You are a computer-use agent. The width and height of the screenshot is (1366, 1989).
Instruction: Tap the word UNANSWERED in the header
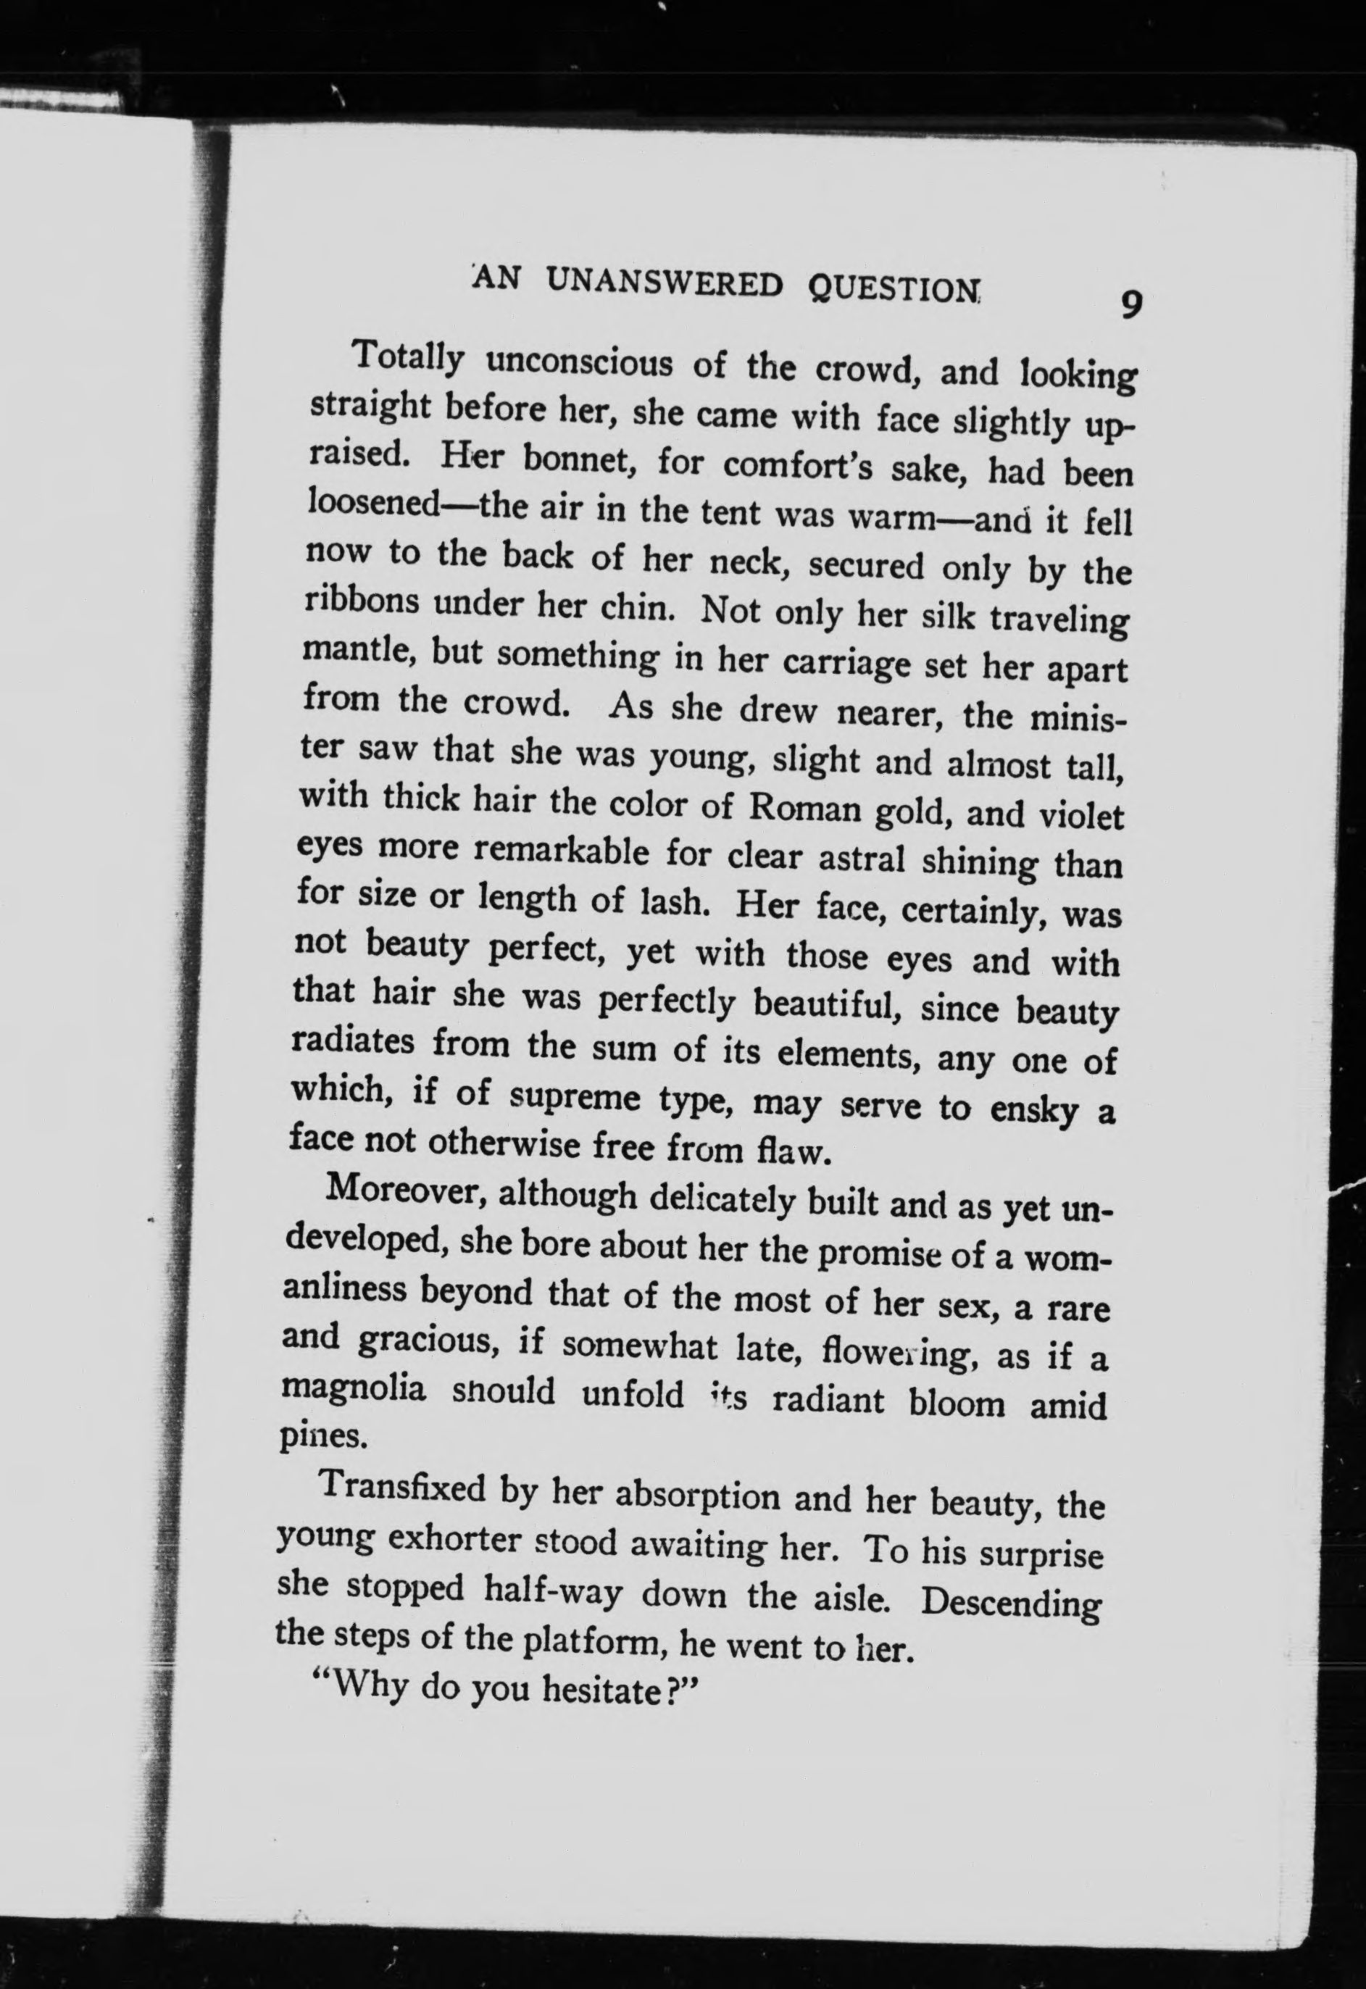coord(665,283)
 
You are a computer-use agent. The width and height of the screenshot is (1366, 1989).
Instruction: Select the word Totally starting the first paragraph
coord(407,358)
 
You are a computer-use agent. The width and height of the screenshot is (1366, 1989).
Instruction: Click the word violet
coord(1080,817)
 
